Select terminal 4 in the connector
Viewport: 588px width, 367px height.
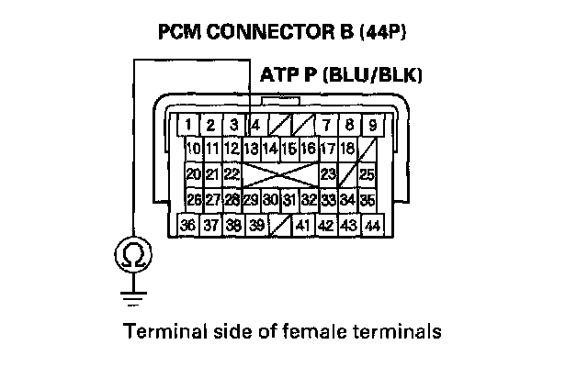pyautogui.click(x=255, y=124)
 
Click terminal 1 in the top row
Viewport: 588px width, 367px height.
pyautogui.click(x=187, y=124)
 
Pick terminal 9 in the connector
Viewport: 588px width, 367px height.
pyautogui.click(x=372, y=124)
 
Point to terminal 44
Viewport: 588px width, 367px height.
pyautogui.click(x=372, y=225)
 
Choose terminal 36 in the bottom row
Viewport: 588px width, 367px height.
pyautogui.click(x=187, y=225)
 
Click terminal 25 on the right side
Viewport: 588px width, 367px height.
pyautogui.click(x=367, y=173)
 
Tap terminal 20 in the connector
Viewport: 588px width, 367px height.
pyautogui.click(x=193, y=173)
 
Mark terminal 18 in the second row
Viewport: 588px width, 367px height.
pyautogui.click(x=347, y=148)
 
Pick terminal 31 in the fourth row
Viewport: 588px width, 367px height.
pyautogui.click(x=289, y=199)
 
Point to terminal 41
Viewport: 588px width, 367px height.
pyautogui.click(x=303, y=225)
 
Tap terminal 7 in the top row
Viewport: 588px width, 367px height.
pyautogui.click(x=326, y=124)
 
